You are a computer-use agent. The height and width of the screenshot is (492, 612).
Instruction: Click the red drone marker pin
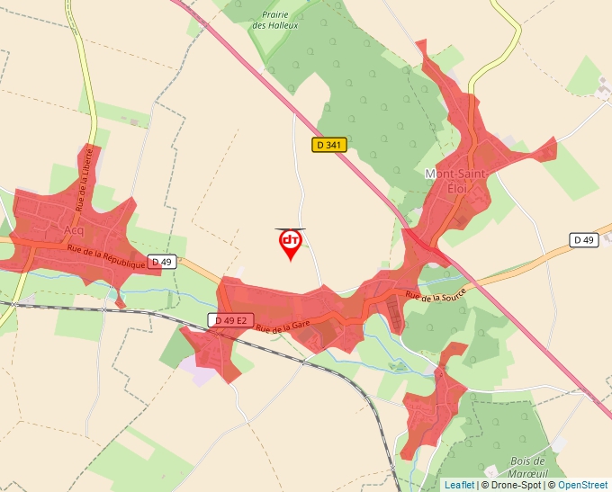point(290,243)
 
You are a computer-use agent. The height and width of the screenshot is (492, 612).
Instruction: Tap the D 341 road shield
point(330,145)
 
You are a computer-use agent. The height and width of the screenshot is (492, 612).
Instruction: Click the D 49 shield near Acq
point(161,262)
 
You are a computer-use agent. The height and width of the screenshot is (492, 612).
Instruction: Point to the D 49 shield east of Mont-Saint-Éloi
point(584,240)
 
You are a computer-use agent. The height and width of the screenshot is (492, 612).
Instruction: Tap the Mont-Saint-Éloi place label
point(456,178)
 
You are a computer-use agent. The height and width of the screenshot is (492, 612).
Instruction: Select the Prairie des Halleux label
point(275,20)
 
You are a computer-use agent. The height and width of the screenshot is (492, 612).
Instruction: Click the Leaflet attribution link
point(458,485)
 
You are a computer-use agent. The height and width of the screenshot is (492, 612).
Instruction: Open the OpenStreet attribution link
point(582,485)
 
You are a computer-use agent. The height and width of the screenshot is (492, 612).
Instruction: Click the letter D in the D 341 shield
point(320,145)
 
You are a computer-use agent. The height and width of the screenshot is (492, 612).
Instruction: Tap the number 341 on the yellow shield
point(335,145)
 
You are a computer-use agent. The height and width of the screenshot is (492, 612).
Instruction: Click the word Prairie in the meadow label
point(275,14)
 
